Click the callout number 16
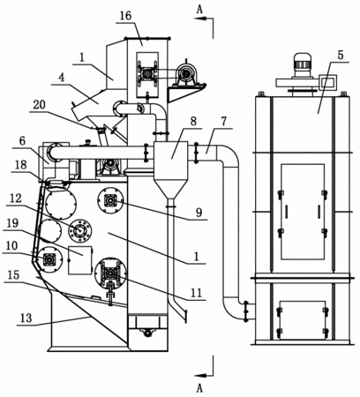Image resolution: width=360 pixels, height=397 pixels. (x=125, y=16)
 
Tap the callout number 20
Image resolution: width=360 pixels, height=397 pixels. (x=39, y=105)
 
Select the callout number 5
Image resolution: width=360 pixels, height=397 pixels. (x=341, y=56)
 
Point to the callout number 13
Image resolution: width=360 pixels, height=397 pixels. (x=26, y=318)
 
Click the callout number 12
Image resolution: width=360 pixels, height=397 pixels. (x=16, y=198)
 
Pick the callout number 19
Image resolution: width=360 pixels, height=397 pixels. (x=12, y=223)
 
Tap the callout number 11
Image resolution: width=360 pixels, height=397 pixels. (x=196, y=293)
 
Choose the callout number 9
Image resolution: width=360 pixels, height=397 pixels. (x=199, y=213)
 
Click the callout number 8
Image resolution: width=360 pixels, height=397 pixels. (x=193, y=121)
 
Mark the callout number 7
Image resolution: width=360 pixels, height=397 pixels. (x=224, y=121)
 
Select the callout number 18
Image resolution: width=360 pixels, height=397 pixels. (x=20, y=165)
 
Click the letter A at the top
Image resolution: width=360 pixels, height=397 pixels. (x=199, y=10)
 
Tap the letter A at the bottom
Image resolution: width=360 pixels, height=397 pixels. (x=199, y=388)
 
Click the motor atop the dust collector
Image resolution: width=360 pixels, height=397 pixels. (x=303, y=65)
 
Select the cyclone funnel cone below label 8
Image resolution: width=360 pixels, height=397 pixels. (x=170, y=189)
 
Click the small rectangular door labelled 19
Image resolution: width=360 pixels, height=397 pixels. (x=80, y=260)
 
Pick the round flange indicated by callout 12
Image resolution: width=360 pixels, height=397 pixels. (x=80, y=231)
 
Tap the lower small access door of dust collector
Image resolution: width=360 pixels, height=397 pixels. (x=303, y=320)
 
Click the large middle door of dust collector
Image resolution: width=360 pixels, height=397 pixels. (x=303, y=212)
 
